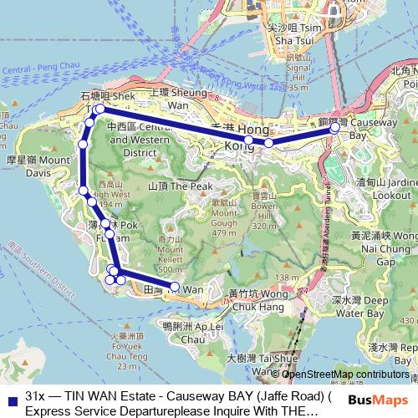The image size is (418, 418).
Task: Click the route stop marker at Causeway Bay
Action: click(334, 129)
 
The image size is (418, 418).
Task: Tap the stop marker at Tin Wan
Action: click(175, 287)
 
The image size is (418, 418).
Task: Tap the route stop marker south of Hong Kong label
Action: click(268, 143)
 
